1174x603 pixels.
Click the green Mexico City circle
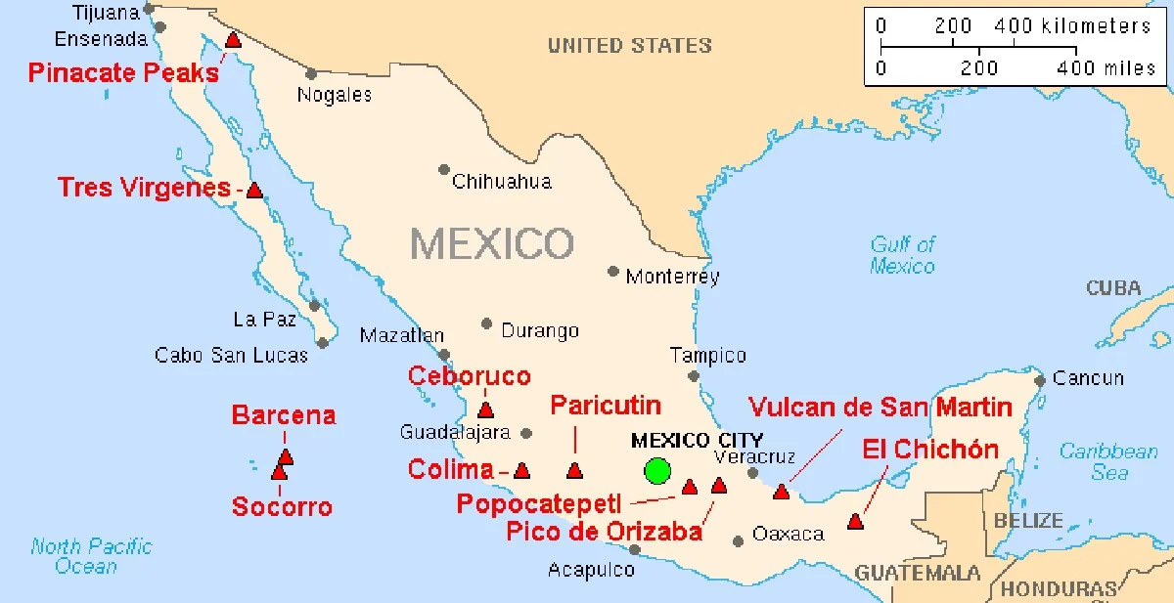[657, 471]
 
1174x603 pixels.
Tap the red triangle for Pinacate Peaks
[233, 40]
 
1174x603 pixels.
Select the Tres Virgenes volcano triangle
[254, 191]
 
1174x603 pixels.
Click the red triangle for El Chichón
[855, 522]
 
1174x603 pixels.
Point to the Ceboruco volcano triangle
[485, 410]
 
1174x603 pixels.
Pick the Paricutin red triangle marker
[574, 471]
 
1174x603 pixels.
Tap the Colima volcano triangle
[521, 471]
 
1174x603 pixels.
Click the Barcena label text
[283, 415]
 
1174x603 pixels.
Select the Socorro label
[282, 506]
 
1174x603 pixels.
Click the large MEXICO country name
[492, 243]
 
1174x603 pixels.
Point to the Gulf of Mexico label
[903, 255]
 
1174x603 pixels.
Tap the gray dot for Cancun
[1040, 379]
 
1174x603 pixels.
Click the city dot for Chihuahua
[444, 170]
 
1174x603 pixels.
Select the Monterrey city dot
[613, 272]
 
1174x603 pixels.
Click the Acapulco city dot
[634, 550]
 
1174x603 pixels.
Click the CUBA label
[1113, 288]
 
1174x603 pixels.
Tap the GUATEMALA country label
[918, 573]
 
